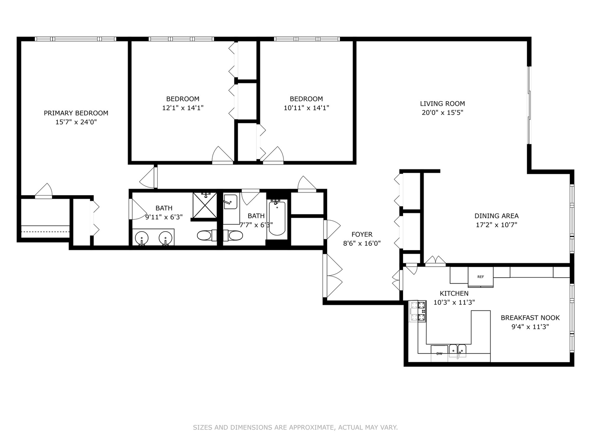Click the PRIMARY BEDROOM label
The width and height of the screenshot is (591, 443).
click(76, 113)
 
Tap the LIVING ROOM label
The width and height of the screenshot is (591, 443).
click(442, 103)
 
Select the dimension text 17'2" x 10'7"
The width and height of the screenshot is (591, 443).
click(497, 225)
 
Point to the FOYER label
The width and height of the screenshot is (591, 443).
click(362, 234)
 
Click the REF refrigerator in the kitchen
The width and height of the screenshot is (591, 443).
click(481, 277)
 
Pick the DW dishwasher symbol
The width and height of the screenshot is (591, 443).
click(439, 354)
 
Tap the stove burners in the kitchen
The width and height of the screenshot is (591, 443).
click(418, 311)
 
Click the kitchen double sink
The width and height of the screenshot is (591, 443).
click(458, 350)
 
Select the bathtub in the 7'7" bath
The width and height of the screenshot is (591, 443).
click(277, 218)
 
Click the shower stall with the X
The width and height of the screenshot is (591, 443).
click(205, 205)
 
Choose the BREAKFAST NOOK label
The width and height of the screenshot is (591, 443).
click(530, 317)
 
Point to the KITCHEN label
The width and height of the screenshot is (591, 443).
click(454, 293)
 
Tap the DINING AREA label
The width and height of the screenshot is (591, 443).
click(497, 216)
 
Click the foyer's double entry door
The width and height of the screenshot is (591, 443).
click(333, 276)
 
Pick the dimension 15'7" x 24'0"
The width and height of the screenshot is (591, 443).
click(76, 122)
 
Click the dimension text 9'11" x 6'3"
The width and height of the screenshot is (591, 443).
click(164, 217)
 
